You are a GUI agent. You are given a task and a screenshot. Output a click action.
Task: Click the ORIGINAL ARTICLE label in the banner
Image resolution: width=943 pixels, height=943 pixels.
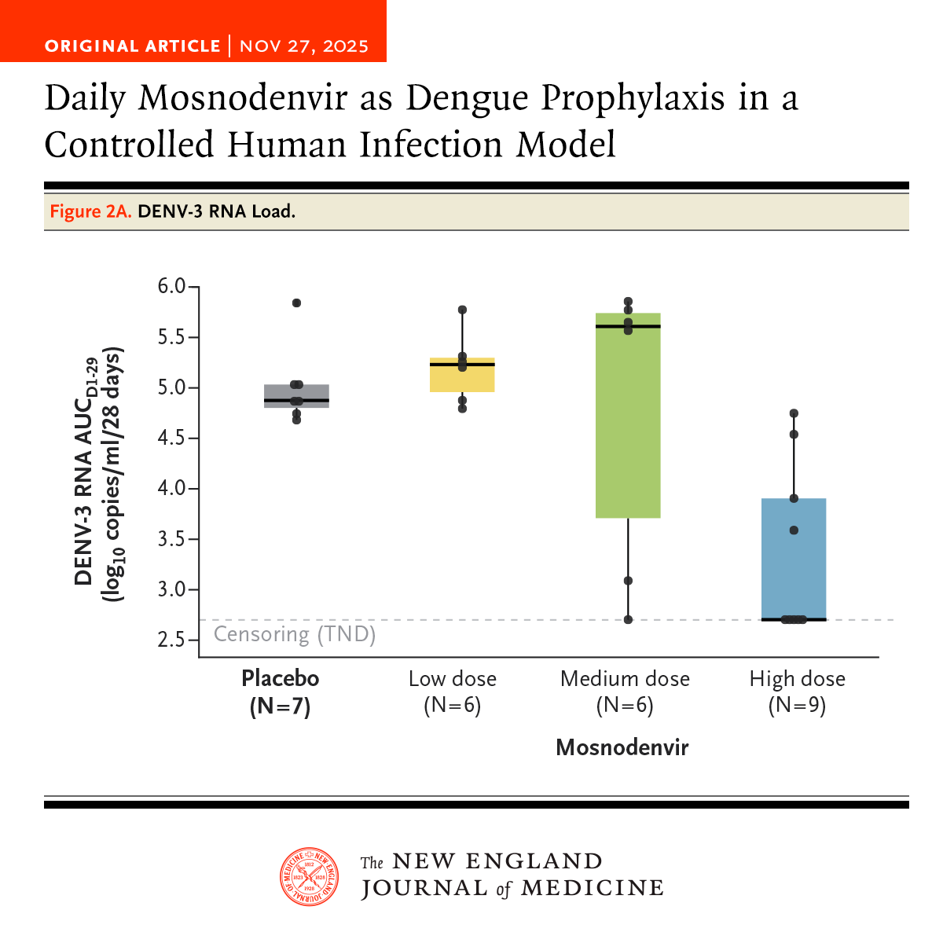(x=132, y=46)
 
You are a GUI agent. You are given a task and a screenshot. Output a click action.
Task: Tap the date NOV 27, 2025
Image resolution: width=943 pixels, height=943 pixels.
(x=304, y=46)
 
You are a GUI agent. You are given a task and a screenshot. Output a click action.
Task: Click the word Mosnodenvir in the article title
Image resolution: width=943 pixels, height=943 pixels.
(x=243, y=98)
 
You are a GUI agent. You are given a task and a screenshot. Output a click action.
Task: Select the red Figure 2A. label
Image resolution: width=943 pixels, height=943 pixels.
(x=90, y=211)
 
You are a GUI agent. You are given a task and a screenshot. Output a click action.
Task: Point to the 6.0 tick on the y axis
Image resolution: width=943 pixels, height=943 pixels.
(x=172, y=287)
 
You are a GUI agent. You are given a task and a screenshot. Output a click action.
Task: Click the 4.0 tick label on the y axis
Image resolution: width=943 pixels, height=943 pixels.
(x=172, y=489)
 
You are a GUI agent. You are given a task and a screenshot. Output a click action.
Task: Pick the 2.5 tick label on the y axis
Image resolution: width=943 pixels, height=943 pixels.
(x=172, y=640)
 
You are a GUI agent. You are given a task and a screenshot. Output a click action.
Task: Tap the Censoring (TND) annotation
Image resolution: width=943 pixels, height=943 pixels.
(x=295, y=634)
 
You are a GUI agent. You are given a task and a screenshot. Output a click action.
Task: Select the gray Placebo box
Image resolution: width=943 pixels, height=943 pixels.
(x=296, y=396)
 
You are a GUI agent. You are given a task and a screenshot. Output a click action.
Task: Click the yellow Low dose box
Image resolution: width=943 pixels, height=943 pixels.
(x=462, y=375)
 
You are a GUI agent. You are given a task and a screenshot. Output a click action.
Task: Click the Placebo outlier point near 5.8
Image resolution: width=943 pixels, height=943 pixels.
(x=296, y=303)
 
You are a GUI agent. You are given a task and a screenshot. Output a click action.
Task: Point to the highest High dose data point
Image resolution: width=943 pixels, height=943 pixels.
(x=794, y=413)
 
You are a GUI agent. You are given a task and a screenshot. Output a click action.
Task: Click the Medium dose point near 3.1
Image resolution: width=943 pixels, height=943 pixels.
(x=628, y=581)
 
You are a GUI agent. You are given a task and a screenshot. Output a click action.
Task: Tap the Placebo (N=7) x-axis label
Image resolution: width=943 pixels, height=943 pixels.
(x=281, y=692)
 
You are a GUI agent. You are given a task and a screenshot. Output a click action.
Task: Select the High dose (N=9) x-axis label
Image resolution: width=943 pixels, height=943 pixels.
(x=797, y=692)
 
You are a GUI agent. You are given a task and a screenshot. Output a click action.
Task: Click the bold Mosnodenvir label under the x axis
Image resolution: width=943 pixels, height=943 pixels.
(x=622, y=747)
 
